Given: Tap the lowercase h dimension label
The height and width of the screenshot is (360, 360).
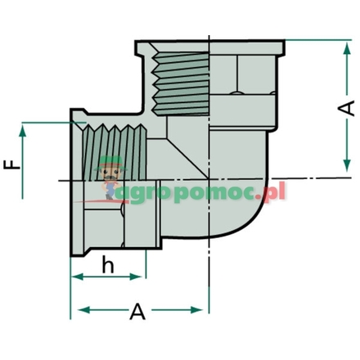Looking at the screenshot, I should pos(108,265).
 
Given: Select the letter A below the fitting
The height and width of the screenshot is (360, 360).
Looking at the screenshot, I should pos(138,312).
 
